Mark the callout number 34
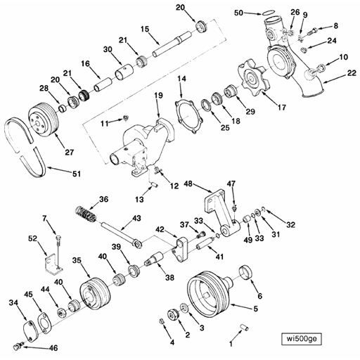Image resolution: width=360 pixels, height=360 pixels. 13,302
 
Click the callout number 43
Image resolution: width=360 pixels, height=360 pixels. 137,219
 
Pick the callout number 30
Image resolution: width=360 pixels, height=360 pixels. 108,49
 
